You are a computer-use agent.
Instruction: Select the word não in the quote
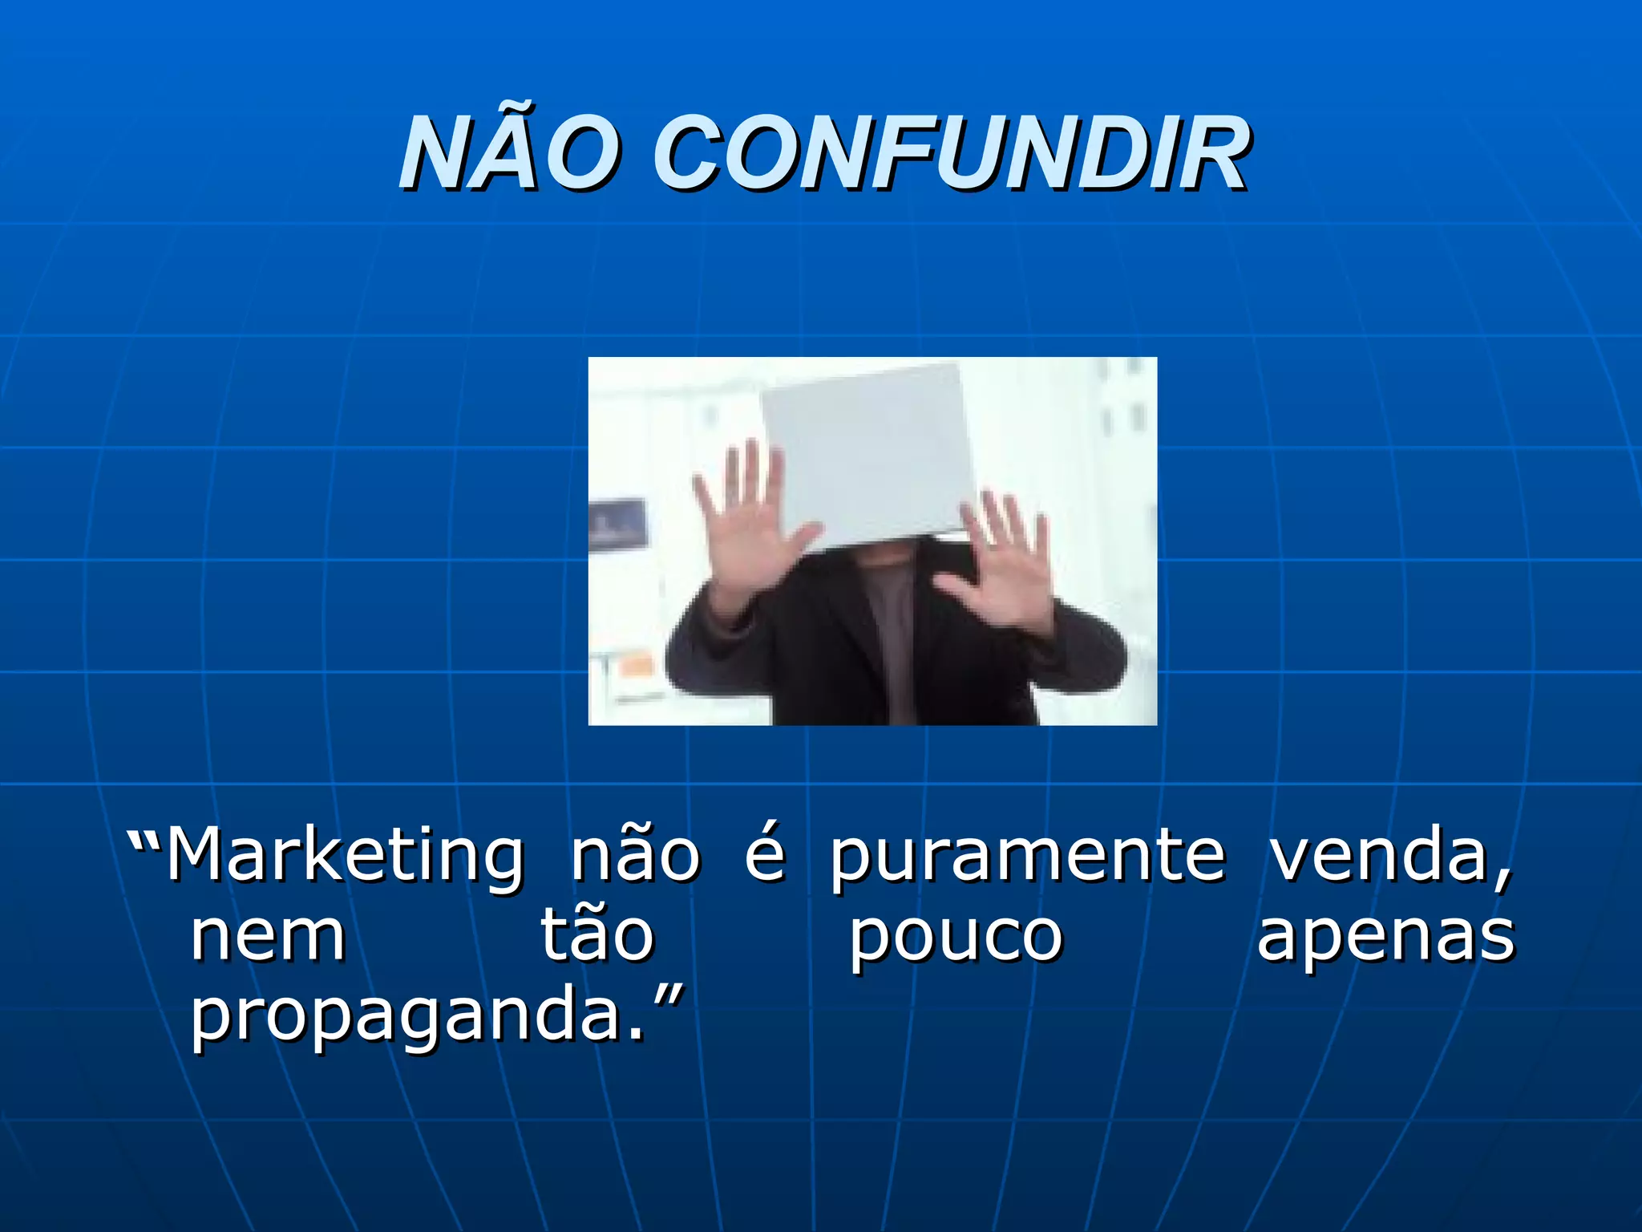[635, 855]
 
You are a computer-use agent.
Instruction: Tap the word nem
[268, 937]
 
